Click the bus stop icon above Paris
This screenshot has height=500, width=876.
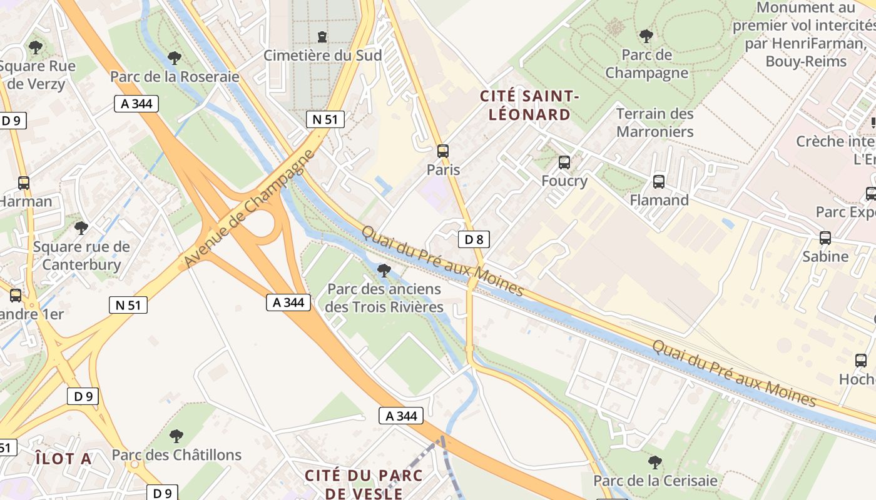coord(443,151)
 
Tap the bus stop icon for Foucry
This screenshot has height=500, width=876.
coord(564,162)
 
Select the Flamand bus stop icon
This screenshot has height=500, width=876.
coord(659,182)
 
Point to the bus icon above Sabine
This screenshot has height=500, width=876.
coord(825,238)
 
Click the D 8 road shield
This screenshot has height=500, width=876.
coord(474,239)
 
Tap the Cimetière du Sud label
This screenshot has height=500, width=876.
coord(322,55)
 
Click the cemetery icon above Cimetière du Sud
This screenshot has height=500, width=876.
coord(322,37)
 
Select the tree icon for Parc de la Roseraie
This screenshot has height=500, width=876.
coord(175,58)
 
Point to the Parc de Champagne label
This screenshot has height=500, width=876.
coord(646,64)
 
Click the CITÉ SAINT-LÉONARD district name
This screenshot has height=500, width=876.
coord(529,105)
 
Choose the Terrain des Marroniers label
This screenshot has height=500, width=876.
coord(654,122)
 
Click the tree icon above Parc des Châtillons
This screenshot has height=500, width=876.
coord(176,436)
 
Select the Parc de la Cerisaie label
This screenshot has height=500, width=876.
coord(654,481)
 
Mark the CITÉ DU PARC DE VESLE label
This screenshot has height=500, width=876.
coord(364,484)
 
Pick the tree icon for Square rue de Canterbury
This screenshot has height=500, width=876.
coord(81,228)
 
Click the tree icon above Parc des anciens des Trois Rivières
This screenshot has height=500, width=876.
coord(384,271)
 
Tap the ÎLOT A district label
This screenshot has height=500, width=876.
coord(63,459)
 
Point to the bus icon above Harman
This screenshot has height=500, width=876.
coord(24,183)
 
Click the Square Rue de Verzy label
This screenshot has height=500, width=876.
coord(38,75)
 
